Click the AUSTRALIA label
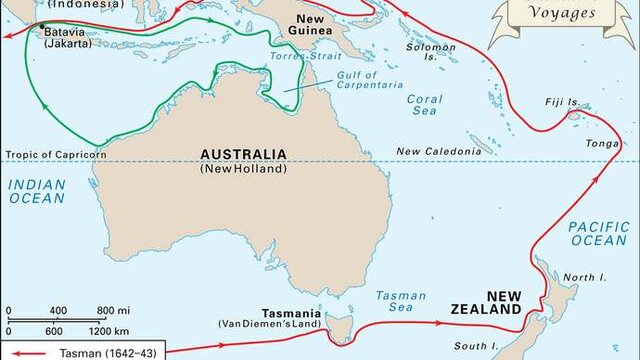243,154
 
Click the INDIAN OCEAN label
36,191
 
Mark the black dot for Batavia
42,24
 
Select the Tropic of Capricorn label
57,154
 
